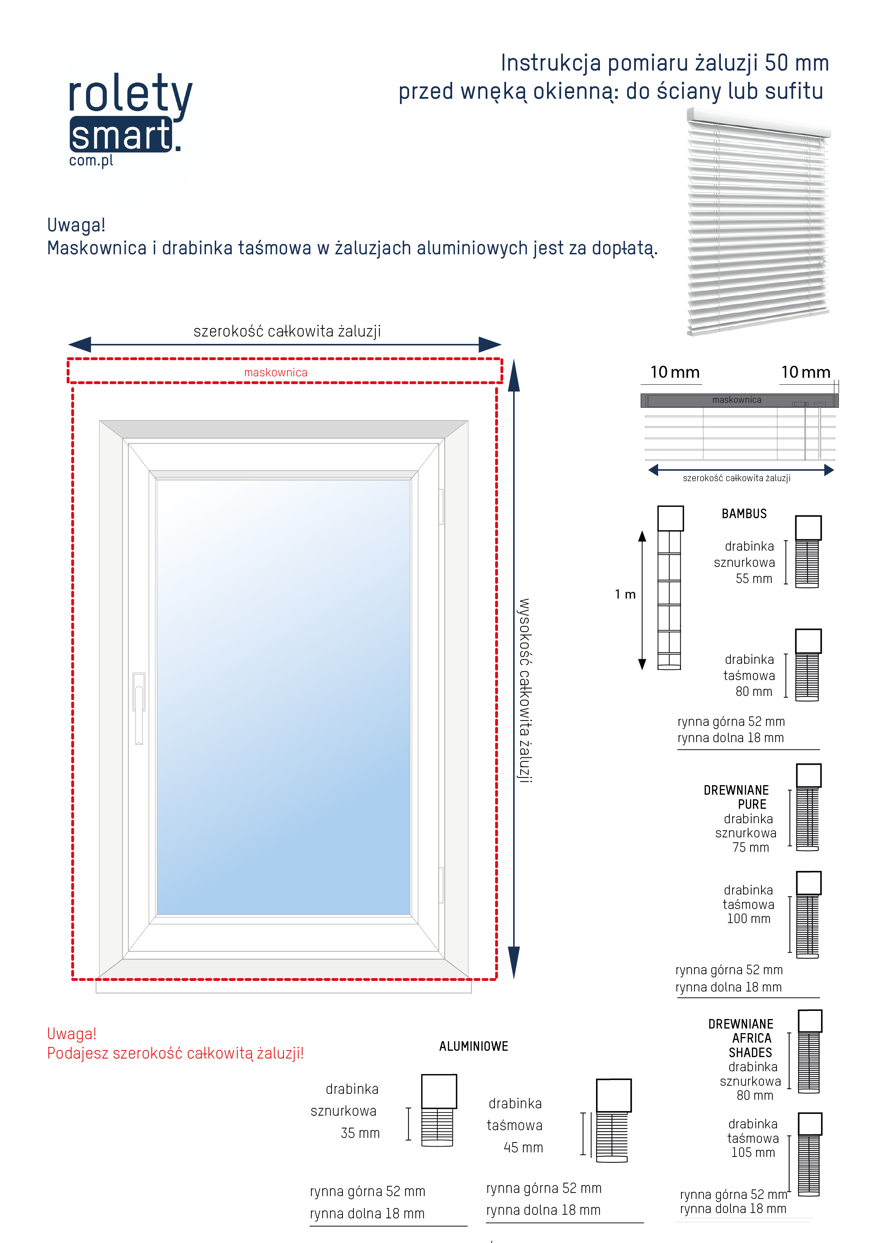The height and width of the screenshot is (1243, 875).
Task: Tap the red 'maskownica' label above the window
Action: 275,372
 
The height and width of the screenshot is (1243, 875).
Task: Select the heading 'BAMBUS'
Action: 744,514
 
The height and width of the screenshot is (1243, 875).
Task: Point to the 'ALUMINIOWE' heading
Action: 473,1047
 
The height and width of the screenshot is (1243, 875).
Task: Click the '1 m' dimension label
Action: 625,594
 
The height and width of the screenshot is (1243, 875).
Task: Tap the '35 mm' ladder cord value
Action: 360,1133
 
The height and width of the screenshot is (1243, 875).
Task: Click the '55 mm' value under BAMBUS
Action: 754,579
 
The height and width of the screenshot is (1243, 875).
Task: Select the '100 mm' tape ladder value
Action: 748,919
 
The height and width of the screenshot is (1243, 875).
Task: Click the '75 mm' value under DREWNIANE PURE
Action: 751,848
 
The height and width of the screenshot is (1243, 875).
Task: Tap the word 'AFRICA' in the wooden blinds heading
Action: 752,1038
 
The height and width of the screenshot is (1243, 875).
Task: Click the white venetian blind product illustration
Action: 758,222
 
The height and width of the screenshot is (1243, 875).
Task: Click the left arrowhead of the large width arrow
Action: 80,344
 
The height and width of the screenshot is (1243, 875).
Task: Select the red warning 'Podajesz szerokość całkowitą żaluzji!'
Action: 175,1054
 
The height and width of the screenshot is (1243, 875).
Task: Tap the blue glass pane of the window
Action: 283,698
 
